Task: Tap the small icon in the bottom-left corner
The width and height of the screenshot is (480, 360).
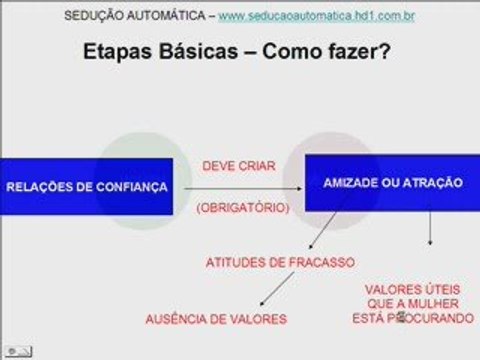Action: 17,351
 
